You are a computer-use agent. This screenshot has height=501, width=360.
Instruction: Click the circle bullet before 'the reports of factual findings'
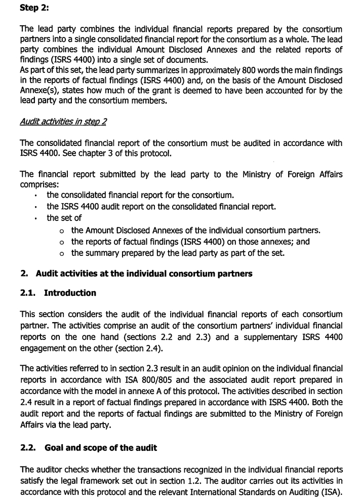click(61, 242)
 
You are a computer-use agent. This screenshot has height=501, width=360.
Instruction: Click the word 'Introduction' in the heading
click(70, 293)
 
